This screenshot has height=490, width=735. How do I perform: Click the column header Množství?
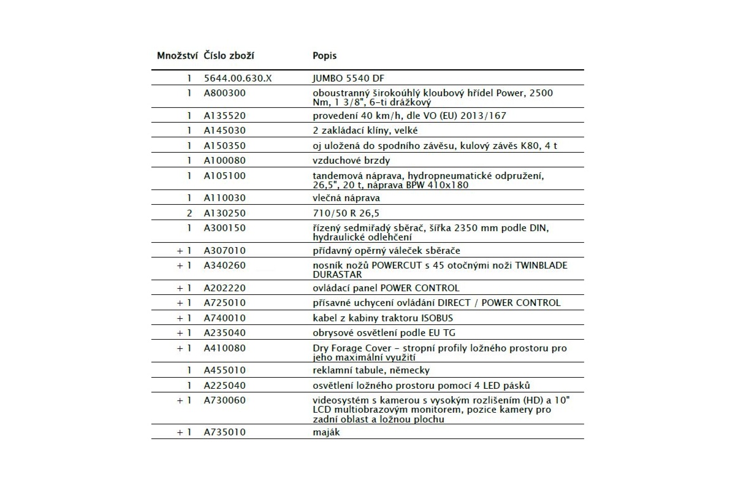coord(177,56)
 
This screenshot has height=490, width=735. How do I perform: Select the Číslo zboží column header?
coord(229,56)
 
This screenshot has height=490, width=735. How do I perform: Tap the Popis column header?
coord(324,56)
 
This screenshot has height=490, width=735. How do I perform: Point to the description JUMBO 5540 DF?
coord(348,78)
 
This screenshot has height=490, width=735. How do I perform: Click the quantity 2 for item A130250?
coord(189,213)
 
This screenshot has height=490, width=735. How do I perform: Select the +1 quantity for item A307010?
coord(185,250)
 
